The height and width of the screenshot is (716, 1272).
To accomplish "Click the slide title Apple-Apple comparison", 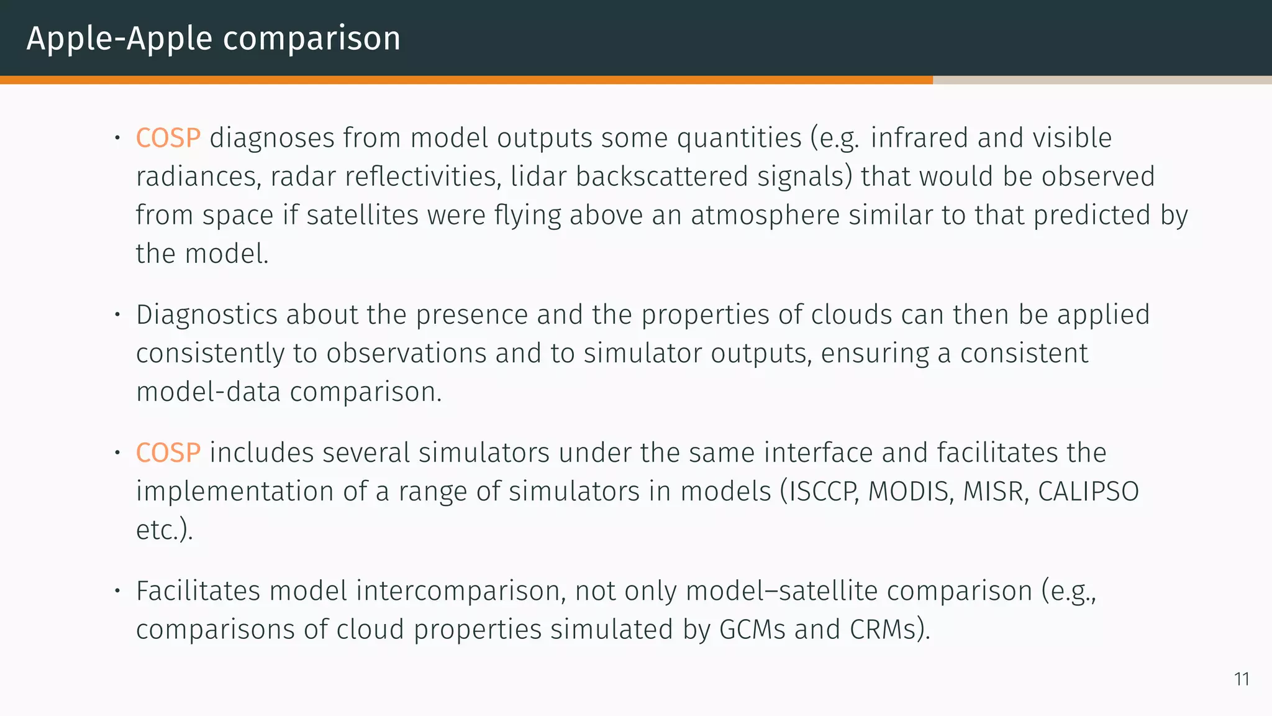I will (213, 39).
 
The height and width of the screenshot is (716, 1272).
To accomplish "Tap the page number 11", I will (1242, 679).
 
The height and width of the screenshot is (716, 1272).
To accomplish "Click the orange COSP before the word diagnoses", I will (168, 138).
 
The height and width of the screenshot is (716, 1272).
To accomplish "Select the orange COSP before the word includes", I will (168, 452).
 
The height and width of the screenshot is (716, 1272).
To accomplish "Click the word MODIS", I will (910, 492).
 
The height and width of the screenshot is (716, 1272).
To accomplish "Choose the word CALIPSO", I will (1088, 492).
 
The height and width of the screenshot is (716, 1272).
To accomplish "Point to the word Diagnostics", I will (206, 315).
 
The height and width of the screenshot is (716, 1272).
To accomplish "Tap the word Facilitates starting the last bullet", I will (198, 591).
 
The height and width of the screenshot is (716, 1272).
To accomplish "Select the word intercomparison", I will (460, 591).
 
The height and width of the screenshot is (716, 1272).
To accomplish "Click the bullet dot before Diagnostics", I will (116, 314).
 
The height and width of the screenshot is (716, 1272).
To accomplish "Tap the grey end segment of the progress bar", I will (1102, 80).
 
